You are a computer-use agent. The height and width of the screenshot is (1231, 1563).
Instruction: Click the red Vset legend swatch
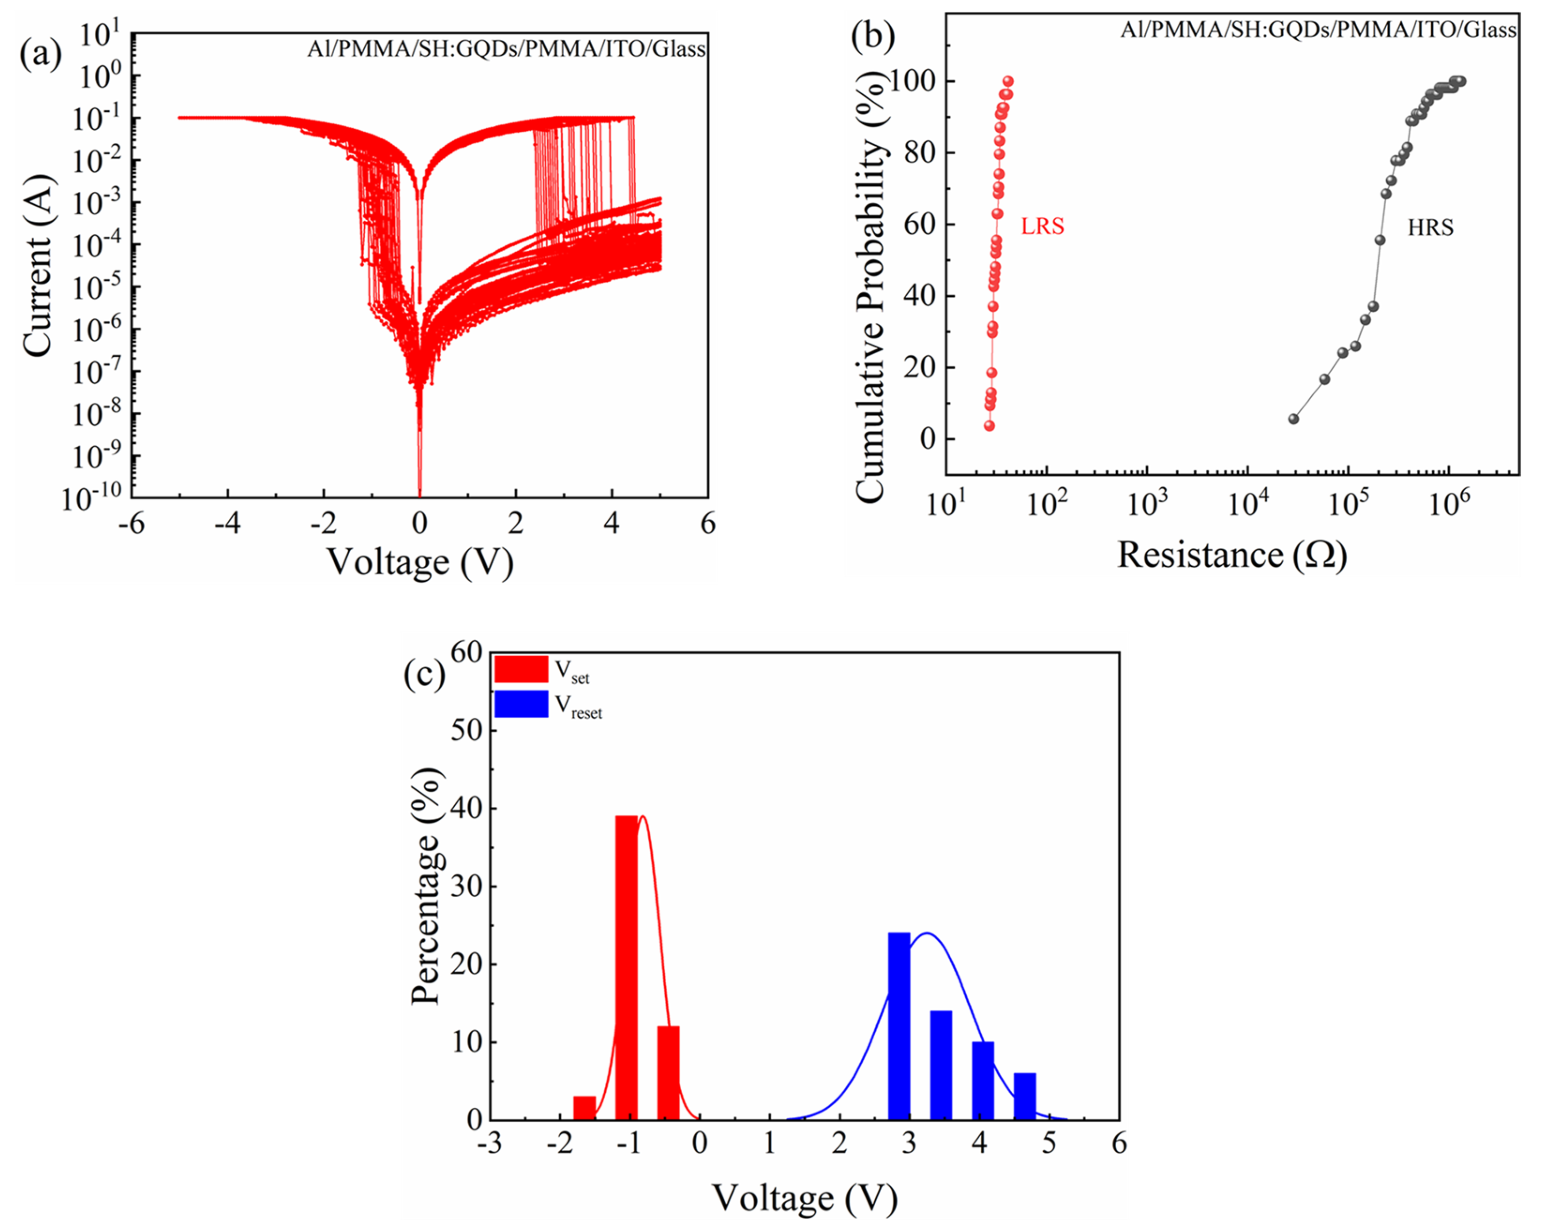pyautogui.click(x=521, y=669)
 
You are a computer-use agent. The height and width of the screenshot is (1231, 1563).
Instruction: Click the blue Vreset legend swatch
pyautogui.click(x=521, y=704)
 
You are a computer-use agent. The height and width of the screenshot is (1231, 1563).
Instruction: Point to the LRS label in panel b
pyautogui.click(x=1042, y=226)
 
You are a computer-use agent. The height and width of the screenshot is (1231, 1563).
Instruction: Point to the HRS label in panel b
pyautogui.click(x=1430, y=228)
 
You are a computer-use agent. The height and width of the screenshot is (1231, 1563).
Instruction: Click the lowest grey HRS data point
pyautogui.click(x=1293, y=419)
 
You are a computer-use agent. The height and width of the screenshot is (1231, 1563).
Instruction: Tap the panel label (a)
pyautogui.click(x=41, y=54)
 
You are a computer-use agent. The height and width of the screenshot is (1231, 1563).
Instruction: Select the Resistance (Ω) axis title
pyautogui.click(x=1232, y=555)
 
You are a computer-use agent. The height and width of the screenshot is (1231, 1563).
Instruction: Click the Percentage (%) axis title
pyautogui.click(x=426, y=886)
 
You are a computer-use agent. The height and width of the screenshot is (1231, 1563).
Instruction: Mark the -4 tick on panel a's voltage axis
pyautogui.click(x=228, y=524)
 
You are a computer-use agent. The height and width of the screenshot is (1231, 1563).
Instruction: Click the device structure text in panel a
pyautogui.click(x=506, y=49)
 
